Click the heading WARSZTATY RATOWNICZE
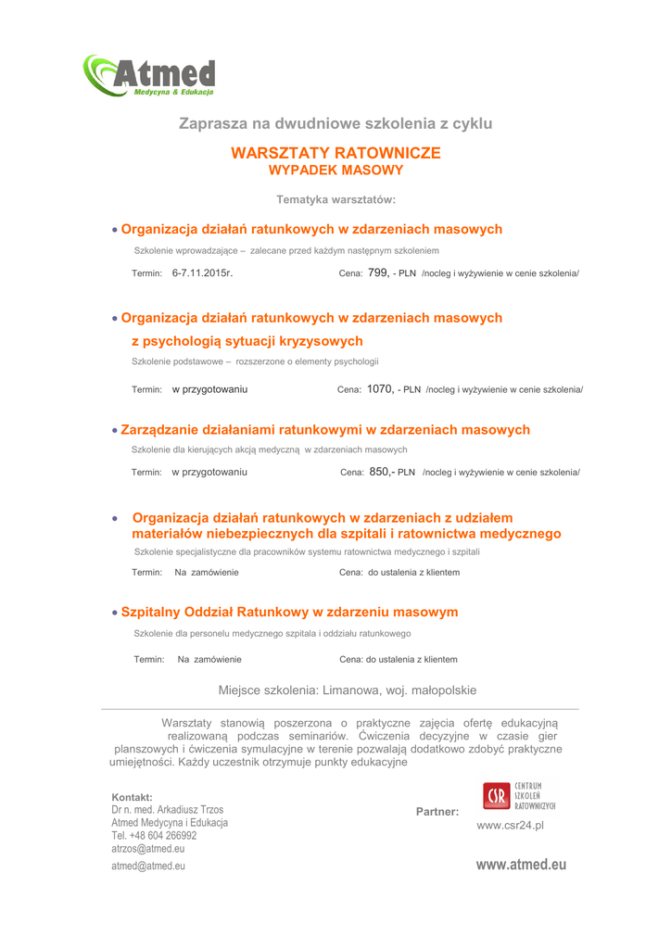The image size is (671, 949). [x=335, y=153]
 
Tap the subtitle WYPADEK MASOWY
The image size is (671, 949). [x=335, y=171]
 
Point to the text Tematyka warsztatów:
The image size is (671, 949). [x=335, y=200]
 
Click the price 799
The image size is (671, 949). [x=376, y=273]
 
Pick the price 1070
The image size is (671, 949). [x=380, y=389]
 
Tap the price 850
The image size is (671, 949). [x=380, y=472]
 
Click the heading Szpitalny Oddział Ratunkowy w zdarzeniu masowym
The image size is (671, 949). [x=289, y=613]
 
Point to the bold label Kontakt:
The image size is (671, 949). [x=132, y=797]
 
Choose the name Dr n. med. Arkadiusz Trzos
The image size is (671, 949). [x=167, y=810]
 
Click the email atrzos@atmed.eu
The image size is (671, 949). [x=147, y=848]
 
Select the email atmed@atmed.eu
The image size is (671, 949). [x=148, y=866]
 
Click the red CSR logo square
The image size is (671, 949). [x=496, y=796]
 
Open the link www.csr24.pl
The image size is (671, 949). [x=510, y=825]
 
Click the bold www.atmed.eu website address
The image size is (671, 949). [x=521, y=865]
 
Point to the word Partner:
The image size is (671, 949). [x=437, y=812]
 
